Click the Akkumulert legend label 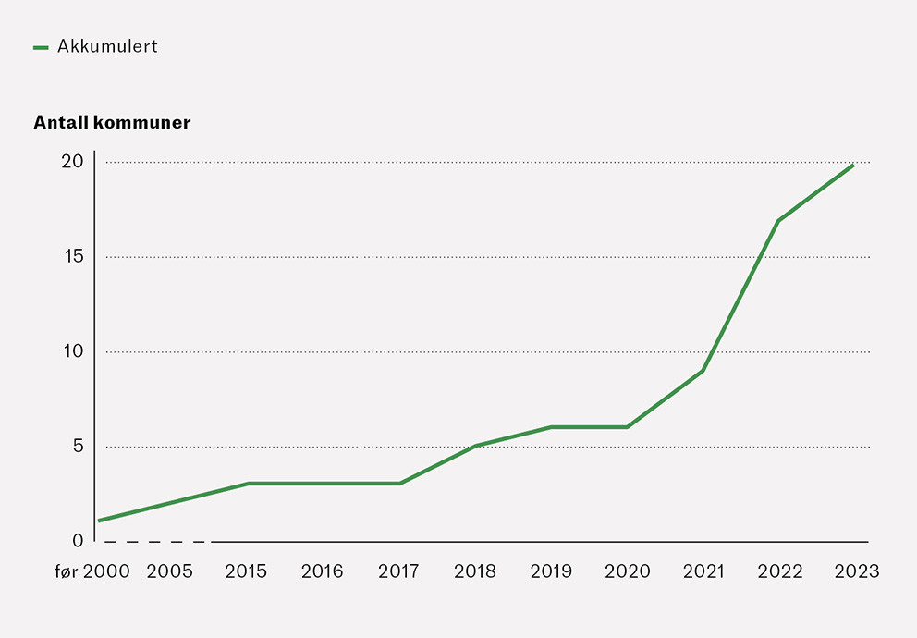tap(107, 46)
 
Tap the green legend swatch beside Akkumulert tap(41, 47)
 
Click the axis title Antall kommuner tap(112, 123)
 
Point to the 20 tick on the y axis tap(72, 162)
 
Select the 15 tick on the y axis tap(73, 256)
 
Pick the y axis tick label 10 tap(73, 351)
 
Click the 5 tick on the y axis tap(78, 447)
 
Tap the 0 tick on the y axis tap(78, 541)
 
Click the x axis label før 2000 tap(92, 571)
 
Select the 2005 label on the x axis tap(170, 571)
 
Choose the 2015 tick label tap(246, 571)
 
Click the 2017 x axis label tap(398, 571)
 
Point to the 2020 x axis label tap(628, 571)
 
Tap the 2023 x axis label tap(856, 571)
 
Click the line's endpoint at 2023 tap(853, 164)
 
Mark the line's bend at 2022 tap(779, 220)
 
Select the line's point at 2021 tap(703, 371)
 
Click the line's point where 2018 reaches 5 tap(475, 446)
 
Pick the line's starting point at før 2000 tap(99, 521)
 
